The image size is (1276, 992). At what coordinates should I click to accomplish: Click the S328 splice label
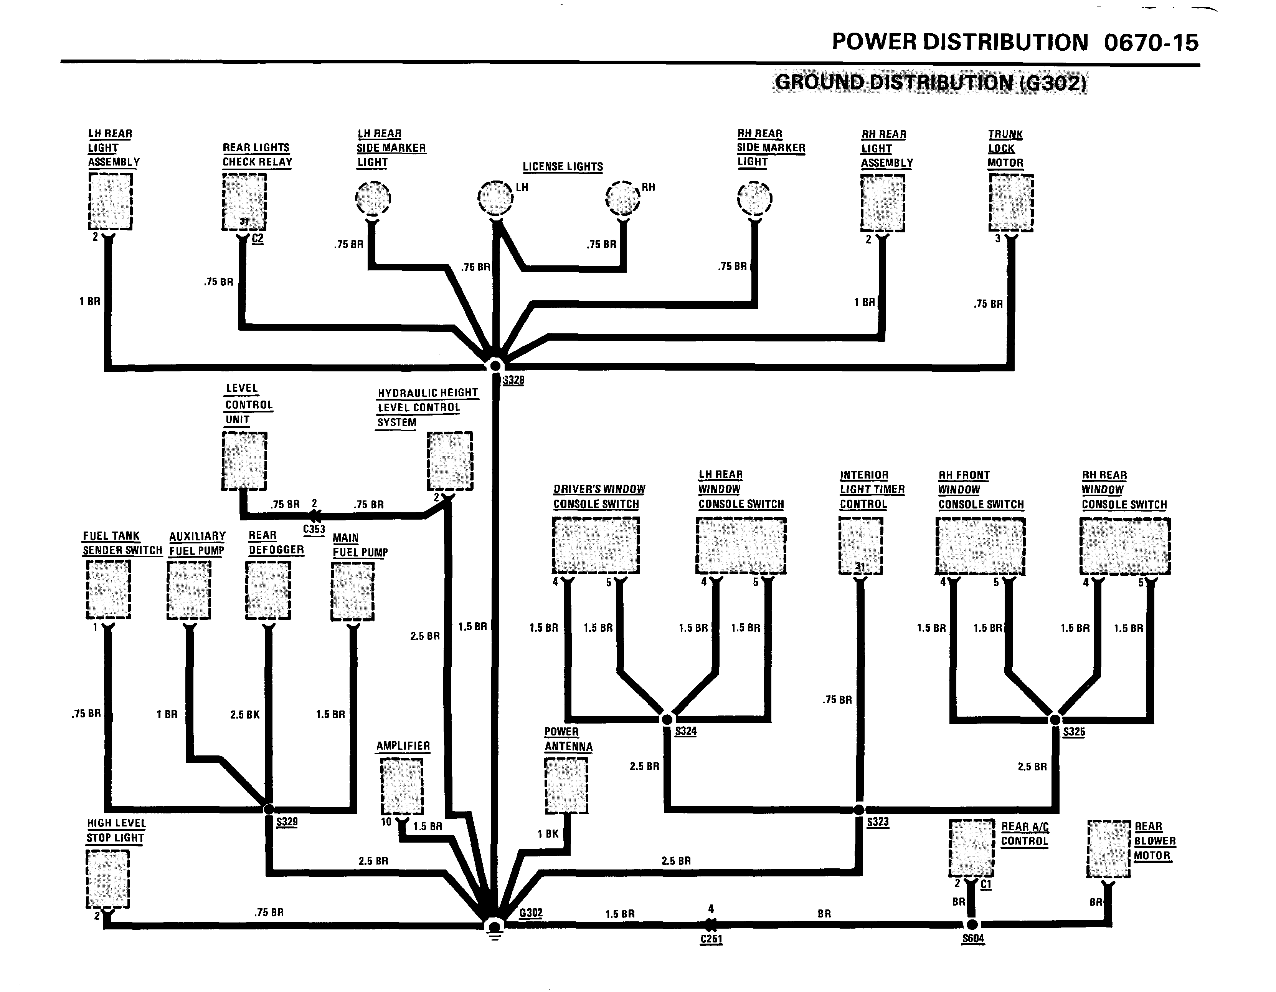pos(513,381)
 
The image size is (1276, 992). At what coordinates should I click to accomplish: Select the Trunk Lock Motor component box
pos(1011,202)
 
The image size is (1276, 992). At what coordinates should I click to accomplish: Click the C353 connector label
pos(314,530)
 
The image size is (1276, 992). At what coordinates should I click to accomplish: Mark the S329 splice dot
pos(269,810)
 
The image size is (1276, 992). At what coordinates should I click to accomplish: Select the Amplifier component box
pos(402,786)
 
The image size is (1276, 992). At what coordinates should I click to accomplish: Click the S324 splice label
pos(686,731)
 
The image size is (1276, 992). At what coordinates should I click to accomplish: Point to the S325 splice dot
pos(1055,720)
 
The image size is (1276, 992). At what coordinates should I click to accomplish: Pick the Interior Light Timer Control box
pos(861,546)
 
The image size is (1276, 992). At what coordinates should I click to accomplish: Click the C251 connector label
pos(711,939)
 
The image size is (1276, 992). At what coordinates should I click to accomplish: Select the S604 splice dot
pos(972,925)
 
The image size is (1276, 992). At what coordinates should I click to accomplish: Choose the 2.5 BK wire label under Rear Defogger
pos(245,714)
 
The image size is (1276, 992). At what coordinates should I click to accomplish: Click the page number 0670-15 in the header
pos(1151,43)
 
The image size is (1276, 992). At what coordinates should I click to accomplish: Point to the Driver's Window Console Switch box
pos(596,545)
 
